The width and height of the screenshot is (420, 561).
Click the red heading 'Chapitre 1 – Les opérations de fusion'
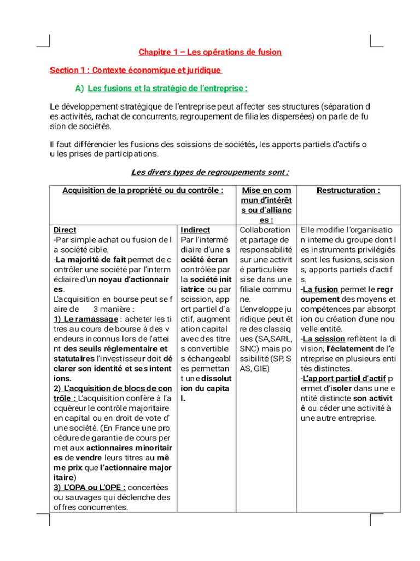pos(210,52)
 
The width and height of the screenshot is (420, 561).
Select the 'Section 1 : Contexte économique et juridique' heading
pos(136,70)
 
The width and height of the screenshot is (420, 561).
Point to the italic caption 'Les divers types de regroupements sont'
pos(210,172)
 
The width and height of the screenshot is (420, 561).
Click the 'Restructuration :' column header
pos(348,190)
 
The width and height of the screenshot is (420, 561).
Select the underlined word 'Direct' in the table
pos(65,230)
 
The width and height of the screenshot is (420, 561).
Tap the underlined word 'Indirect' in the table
pos(195,230)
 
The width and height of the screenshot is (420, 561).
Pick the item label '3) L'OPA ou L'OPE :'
pos(90,487)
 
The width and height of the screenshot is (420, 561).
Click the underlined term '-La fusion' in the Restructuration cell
pos(319,289)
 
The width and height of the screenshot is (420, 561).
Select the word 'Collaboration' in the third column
pos(265,230)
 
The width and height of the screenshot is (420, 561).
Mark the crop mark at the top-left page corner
pos(44,41)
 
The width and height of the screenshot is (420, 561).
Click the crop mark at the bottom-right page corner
pos(376,519)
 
